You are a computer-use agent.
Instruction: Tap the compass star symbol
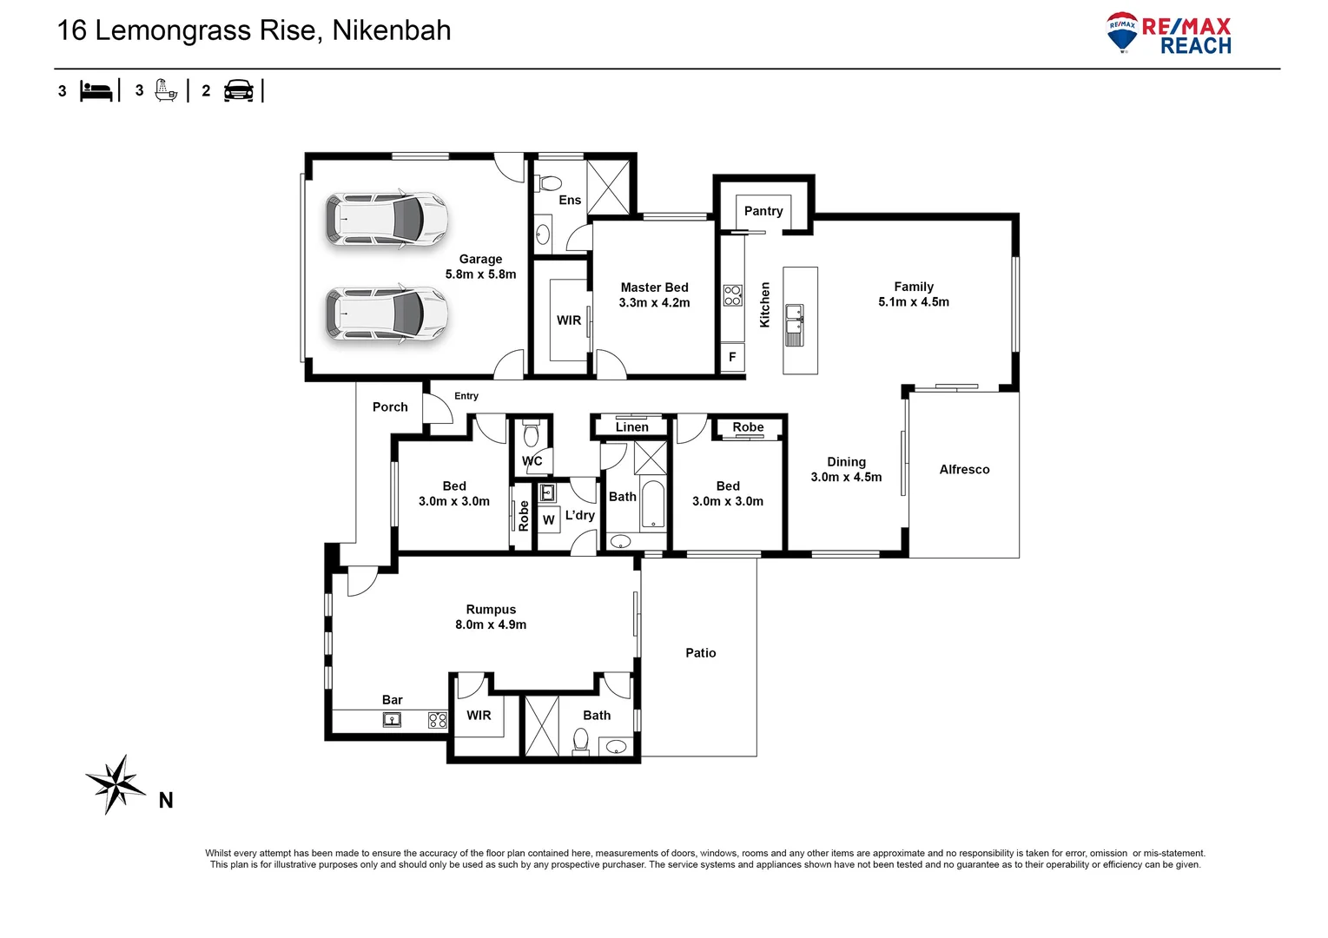click(x=115, y=784)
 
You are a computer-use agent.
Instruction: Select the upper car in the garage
click(x=387, y=219)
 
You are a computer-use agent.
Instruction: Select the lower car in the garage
click(x=387, y=313)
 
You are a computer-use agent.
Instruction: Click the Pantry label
click(x=763, y=211)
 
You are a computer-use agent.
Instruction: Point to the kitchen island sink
click(x=794, y=325)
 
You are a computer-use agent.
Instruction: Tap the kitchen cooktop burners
click(x=732, y=295)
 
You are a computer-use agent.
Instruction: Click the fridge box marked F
click(x=732, y=357)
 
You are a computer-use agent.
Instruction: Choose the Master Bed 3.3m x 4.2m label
click(x=654, y=294)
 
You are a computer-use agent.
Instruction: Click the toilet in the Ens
click(x=549, y=184)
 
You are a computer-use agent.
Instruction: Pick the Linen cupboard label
click(x=631, y=427)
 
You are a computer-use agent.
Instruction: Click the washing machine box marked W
click(x=548, y=520)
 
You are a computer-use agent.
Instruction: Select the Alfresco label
click(x=964, y=470)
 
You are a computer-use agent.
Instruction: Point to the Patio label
click(x=700, y=653)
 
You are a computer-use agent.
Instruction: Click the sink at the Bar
click(x=392, y=720)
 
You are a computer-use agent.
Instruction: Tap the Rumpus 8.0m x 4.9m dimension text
click(x=491, y=624)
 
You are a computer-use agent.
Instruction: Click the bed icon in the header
click(x=96, y=91)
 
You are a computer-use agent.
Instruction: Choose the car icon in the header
click(x=238, y=91)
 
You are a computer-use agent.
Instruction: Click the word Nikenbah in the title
click(x=392, y=30)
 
